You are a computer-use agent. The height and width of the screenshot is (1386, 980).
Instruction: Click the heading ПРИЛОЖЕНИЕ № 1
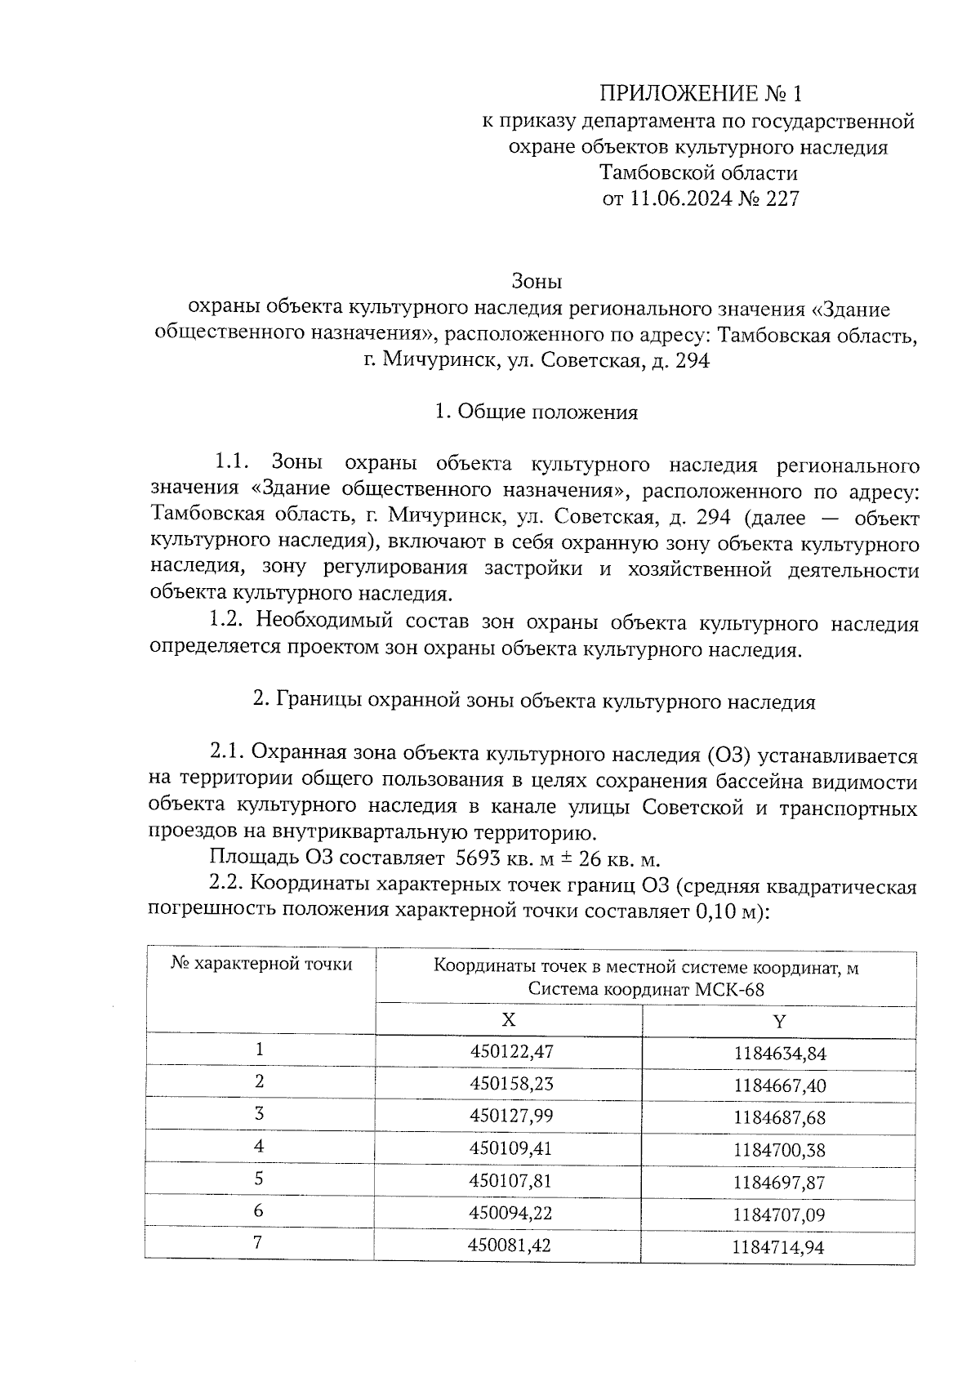[x=698, y=93]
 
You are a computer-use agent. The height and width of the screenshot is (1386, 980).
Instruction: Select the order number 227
[x=782, y=198]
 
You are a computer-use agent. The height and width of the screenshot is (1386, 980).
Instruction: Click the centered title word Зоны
[x=537, y=283]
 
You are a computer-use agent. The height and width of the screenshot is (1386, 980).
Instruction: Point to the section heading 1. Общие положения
[x=536, y=412]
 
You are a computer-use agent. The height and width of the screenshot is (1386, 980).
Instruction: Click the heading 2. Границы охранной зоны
[x=534, y=702]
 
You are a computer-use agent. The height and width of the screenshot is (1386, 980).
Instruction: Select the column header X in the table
[x=508, y=1020]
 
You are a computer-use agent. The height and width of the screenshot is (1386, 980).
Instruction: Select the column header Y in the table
[x=779, y=1021]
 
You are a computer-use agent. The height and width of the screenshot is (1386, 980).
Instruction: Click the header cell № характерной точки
[x=261, y=964]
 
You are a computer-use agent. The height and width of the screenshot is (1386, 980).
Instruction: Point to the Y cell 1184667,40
[x=780, y=1085]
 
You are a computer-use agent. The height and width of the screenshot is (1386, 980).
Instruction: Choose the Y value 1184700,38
[x=779, y=1150]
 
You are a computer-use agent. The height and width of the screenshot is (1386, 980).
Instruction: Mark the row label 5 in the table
[x=259, y=1179]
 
